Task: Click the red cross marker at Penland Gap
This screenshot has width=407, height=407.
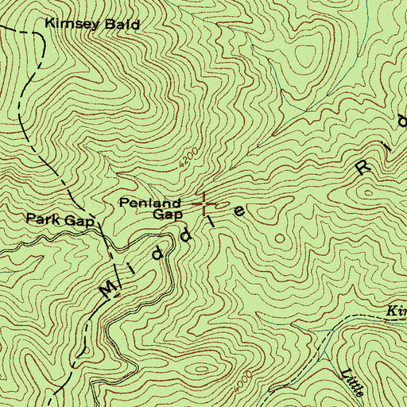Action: [x=204, y=204]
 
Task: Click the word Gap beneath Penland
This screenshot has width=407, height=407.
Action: [x=167, y=215]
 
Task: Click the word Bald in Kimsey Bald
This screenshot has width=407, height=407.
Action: [x=122, y=25]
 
